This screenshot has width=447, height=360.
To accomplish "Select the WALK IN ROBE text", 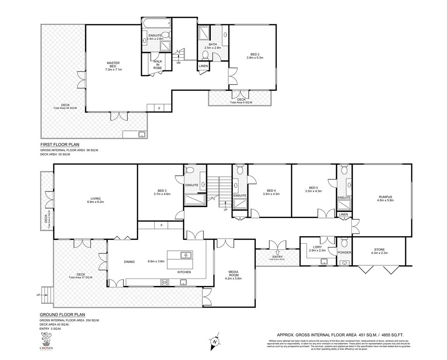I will [157, 65].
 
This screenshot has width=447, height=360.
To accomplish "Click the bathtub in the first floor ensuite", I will [152, 23].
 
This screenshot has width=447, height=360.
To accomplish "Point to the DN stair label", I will [179, 62].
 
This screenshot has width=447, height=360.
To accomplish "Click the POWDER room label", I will [344, 253].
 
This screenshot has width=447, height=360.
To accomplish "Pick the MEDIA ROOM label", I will [234, 273].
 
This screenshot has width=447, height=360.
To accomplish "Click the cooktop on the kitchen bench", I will [165, 282].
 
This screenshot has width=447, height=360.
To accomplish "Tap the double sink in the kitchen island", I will [186, 256].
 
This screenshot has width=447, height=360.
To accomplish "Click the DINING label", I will [130, 262].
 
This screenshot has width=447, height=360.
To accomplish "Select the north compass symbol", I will [215, 342].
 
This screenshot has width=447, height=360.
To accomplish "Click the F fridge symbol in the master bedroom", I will [160, 108].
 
